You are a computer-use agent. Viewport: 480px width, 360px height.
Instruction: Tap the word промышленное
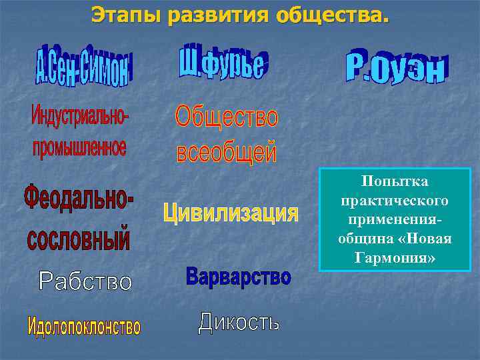79,147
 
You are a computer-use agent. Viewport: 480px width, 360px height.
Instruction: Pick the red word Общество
227,119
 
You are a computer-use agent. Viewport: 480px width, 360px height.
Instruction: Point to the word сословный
79,239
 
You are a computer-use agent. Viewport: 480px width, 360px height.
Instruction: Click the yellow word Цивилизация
231,213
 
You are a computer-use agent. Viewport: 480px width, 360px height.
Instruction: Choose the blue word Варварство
238,276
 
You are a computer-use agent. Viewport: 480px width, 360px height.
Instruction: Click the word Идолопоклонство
84,327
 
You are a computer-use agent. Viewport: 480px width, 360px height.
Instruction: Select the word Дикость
239,323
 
